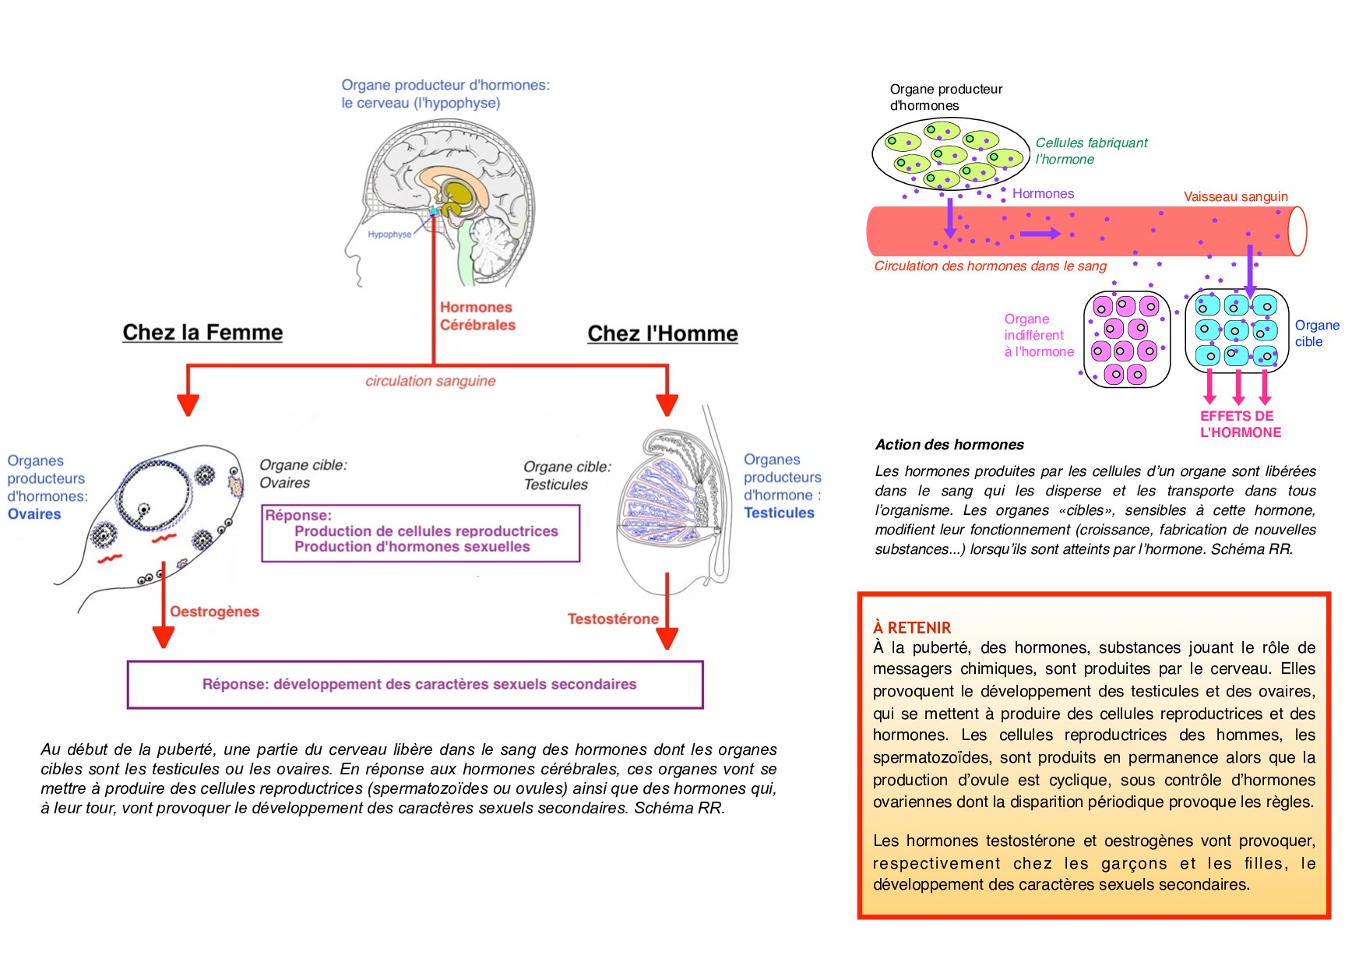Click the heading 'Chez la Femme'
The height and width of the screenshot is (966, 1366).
click(202, 333)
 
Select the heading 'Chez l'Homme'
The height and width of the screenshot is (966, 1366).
click(662, 334)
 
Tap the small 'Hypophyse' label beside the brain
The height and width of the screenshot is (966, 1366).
click(389, 234)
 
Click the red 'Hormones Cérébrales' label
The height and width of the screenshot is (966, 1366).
click(477, 316)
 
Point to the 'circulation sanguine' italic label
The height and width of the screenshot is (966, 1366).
click(430, 381)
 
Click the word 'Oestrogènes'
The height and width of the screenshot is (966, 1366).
click(214, 612)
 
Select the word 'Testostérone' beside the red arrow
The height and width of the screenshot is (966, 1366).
click(613, 619)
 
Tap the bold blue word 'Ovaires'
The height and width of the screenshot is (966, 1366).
click(34, 514)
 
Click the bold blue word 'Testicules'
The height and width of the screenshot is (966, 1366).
click(779, 513)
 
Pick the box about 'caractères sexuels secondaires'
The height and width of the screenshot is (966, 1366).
click(415, 685)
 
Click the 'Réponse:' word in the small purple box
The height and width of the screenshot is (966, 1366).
click(298, 515)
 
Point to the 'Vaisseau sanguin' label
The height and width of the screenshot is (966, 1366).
click(1235, 196)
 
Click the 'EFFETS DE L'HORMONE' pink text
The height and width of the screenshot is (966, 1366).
click(1240, 425)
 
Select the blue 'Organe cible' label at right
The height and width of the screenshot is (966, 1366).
click(1316, 333)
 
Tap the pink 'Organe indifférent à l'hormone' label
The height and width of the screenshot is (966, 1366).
click(1038, 336)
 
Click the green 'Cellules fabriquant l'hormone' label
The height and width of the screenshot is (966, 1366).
click(1090, 151)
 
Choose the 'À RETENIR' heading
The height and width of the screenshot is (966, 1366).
click(912, 628)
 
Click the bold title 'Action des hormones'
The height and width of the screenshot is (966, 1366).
click(949, 445)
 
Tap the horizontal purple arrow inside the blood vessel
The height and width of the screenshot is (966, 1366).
click(1040, 233)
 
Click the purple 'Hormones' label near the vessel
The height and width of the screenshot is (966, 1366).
click(1043, 194)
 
